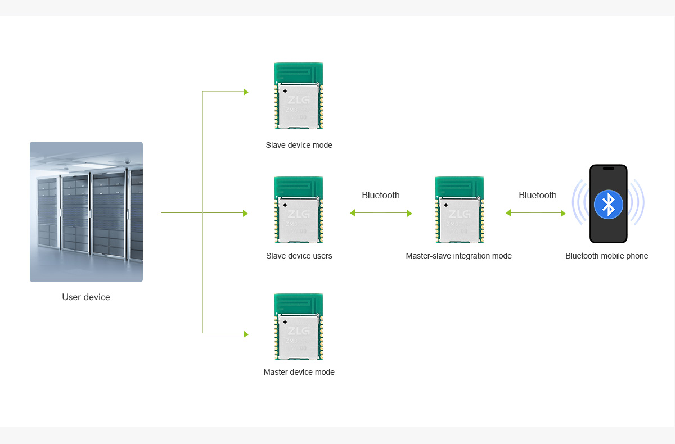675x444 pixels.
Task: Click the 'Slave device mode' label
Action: (299, 145)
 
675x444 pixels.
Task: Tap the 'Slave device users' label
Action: (299, 256)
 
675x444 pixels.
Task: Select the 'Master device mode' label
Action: (299, 372)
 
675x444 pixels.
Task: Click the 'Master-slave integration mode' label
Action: (458, 256)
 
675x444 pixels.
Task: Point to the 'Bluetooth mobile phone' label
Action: (606, 256)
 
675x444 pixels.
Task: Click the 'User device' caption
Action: (86, 297)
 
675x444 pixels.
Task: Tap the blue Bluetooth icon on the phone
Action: (608, 204)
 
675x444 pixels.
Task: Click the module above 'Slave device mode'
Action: (299, 96)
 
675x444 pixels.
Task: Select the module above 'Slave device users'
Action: (299, 210)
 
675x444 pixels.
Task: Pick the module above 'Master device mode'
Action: (299, 327)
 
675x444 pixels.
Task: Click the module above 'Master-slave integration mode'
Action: (460, 210)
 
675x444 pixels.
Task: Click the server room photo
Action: (86, 211)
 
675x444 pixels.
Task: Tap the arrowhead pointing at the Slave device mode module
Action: (246, 92)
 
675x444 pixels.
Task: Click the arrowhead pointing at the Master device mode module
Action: (246, 334)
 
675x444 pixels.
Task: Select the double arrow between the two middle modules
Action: (381, 213)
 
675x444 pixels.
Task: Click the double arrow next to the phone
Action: (535, 213)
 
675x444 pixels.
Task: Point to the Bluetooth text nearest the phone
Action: (537, 195)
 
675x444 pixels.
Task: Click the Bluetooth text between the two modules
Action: (381, 195)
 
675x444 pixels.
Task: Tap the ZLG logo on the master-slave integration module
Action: (460, 214)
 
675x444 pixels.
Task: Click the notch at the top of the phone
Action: (608, 168)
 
